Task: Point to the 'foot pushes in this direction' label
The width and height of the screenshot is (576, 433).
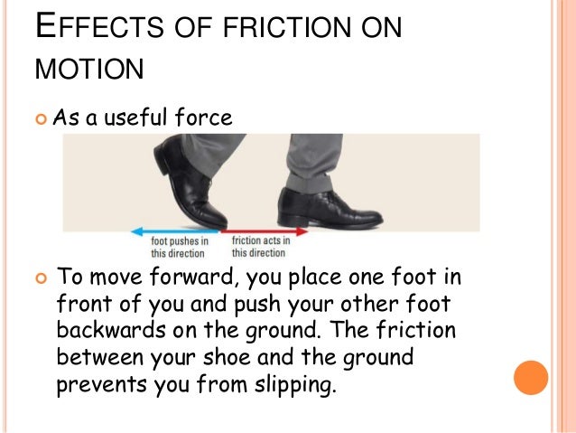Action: [180, 247]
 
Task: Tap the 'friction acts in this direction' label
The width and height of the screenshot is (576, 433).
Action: [261, 247]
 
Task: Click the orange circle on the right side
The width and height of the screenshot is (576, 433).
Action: [530, 377]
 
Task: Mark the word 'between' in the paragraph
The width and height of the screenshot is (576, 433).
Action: [95, 357]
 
